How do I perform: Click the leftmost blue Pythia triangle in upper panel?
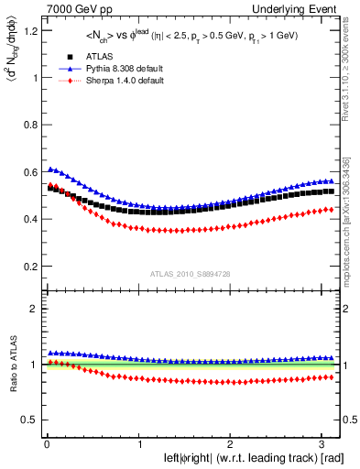[x=49, y=169]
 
